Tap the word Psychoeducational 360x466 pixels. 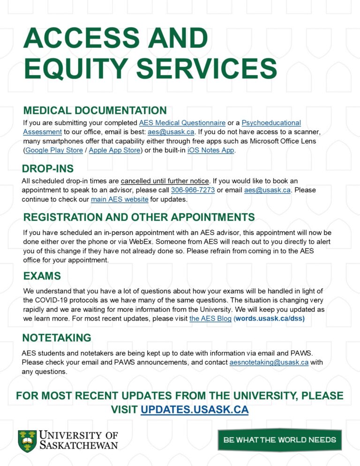271,123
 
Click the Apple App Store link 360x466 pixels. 114,150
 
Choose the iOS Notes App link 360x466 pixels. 210,150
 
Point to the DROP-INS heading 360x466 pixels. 48,169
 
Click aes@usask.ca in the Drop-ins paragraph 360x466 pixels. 267,190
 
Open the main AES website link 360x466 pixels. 120,199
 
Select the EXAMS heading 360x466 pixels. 42,276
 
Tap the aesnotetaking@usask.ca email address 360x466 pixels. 269,362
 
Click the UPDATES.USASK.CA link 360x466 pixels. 194,409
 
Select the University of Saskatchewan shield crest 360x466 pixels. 27,441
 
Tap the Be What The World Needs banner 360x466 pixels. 279,440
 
